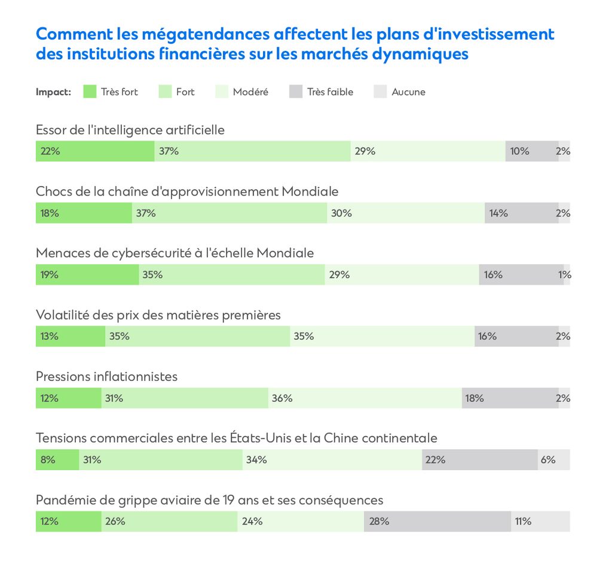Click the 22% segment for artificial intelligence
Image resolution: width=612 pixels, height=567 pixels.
(94, 151)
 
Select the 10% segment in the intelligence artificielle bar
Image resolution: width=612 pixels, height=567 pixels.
(532, 151)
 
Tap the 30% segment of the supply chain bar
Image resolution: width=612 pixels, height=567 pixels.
(406, 213)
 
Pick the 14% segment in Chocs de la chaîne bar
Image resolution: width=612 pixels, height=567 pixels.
(521, 213)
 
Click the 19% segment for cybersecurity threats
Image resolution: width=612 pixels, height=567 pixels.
(87, 275)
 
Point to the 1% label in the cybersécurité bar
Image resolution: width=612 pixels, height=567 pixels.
(565, 275)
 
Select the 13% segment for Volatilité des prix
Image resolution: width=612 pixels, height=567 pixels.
(70, 336)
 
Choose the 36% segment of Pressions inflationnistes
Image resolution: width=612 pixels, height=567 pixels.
(365, 398)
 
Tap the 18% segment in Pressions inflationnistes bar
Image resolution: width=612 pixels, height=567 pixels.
(510, 398)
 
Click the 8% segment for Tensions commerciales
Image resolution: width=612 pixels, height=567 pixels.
(57, 460)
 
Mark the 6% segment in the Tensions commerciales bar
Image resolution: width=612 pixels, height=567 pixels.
(553, 460)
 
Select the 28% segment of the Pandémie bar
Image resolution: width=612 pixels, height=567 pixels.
(437, 522)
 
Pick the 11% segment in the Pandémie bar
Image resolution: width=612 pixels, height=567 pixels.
(540, 522)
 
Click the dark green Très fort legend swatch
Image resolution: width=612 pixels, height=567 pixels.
(90, 92)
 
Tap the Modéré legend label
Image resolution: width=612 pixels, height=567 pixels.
(250, 92)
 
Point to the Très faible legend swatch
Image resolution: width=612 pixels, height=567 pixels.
(296, 92)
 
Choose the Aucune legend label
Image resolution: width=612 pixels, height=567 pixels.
(408, 92)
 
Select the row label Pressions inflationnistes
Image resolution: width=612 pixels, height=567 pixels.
(106, 376)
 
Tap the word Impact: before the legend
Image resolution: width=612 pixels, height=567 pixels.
(53, 92)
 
